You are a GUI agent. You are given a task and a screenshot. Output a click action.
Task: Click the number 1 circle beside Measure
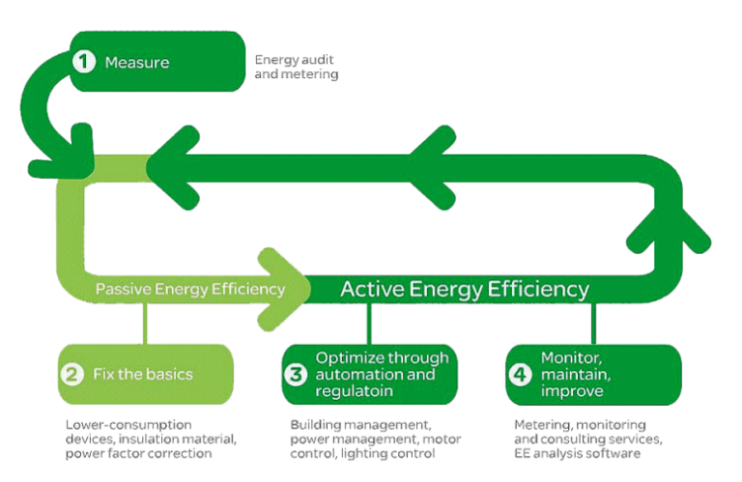pyautogui.click(x=85, y=62)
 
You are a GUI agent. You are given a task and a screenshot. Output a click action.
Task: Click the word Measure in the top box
pyautogui.click(x=137, y=63)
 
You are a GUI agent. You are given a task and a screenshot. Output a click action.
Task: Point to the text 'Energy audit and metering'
pyautogui.click(x=296, y=67)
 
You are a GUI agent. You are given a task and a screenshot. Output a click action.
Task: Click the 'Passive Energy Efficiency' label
pyautogui.click(x=189, y=288)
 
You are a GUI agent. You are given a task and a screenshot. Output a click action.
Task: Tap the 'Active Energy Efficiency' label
pyautogui.click(x=464, y=288)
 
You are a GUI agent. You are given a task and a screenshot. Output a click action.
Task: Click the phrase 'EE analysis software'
pyautogui.click(x=577, y=453)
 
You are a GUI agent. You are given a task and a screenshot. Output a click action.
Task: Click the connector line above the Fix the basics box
pyautogui.click(x=145, y=324)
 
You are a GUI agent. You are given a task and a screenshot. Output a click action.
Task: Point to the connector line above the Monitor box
pyautogui.click(x=592, y=324)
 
